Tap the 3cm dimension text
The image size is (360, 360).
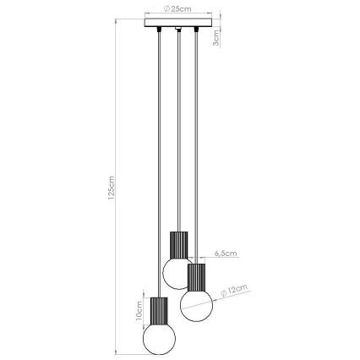pos(216,36)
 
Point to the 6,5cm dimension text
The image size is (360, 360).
pos(226,252)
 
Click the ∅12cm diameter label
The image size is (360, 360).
pos(237,291)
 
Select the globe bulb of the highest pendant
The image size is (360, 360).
pos(177,271)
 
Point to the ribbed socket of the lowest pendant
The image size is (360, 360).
pos(158,310)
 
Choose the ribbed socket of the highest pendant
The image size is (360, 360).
pos(177,244)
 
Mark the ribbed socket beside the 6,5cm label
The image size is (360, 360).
pos(196,275)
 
